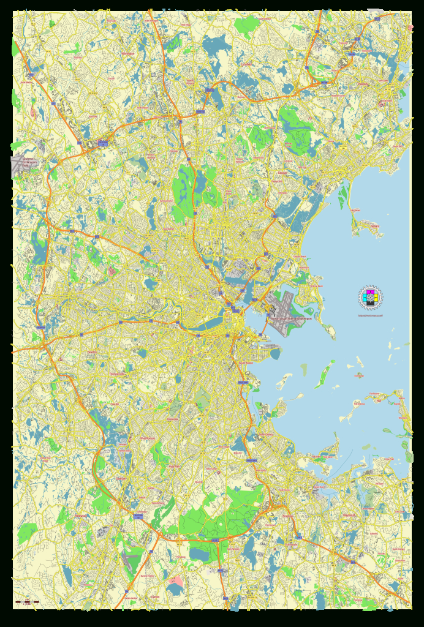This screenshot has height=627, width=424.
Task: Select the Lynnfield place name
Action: click(248, 63)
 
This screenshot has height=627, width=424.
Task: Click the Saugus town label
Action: click(282, 174)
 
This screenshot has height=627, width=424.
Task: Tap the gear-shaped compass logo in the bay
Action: click(369, 298)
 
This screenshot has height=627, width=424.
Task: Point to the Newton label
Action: click(92, 353)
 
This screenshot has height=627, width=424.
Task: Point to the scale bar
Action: click(28, 603)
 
